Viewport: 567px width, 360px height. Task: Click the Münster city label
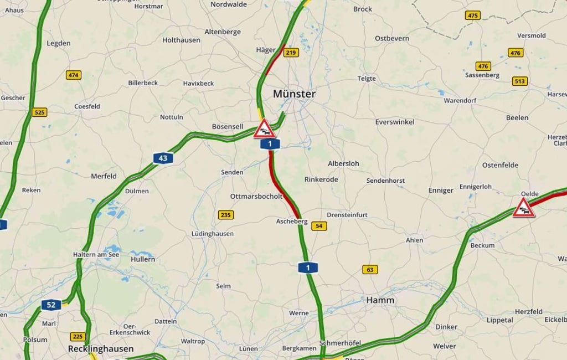[x=294, y=94]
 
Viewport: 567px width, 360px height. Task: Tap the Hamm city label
[x=380, y=300]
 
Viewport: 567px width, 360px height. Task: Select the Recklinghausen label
[x=101, y=349]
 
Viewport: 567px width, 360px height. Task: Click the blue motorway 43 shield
[x=163, y=158]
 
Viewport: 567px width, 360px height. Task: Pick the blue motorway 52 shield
[x=51, y=305]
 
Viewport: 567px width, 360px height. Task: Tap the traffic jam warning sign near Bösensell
[x=264, y=128]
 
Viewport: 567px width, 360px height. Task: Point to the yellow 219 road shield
[x=291, y=53]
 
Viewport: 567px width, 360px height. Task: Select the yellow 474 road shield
[x=73, y=75]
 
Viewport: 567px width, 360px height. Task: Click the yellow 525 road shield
[x=39, y=112]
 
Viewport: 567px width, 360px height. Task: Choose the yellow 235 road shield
[x=225, y=215]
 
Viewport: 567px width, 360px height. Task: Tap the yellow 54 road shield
[x=318, y=226]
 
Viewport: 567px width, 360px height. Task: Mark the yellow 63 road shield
[x=370, y=270]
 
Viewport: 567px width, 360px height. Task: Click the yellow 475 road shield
[x=472, y=16]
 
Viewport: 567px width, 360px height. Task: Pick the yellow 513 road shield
[x=519, y=81]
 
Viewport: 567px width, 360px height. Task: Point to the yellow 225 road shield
[x=78, y=337]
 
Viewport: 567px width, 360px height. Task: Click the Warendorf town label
[x=460, y=101]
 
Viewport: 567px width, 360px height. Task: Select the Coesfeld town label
[x=87, y=106]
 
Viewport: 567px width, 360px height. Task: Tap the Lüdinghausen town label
[x=213, y=234]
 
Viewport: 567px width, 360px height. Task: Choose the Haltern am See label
[x=96, y=255]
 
